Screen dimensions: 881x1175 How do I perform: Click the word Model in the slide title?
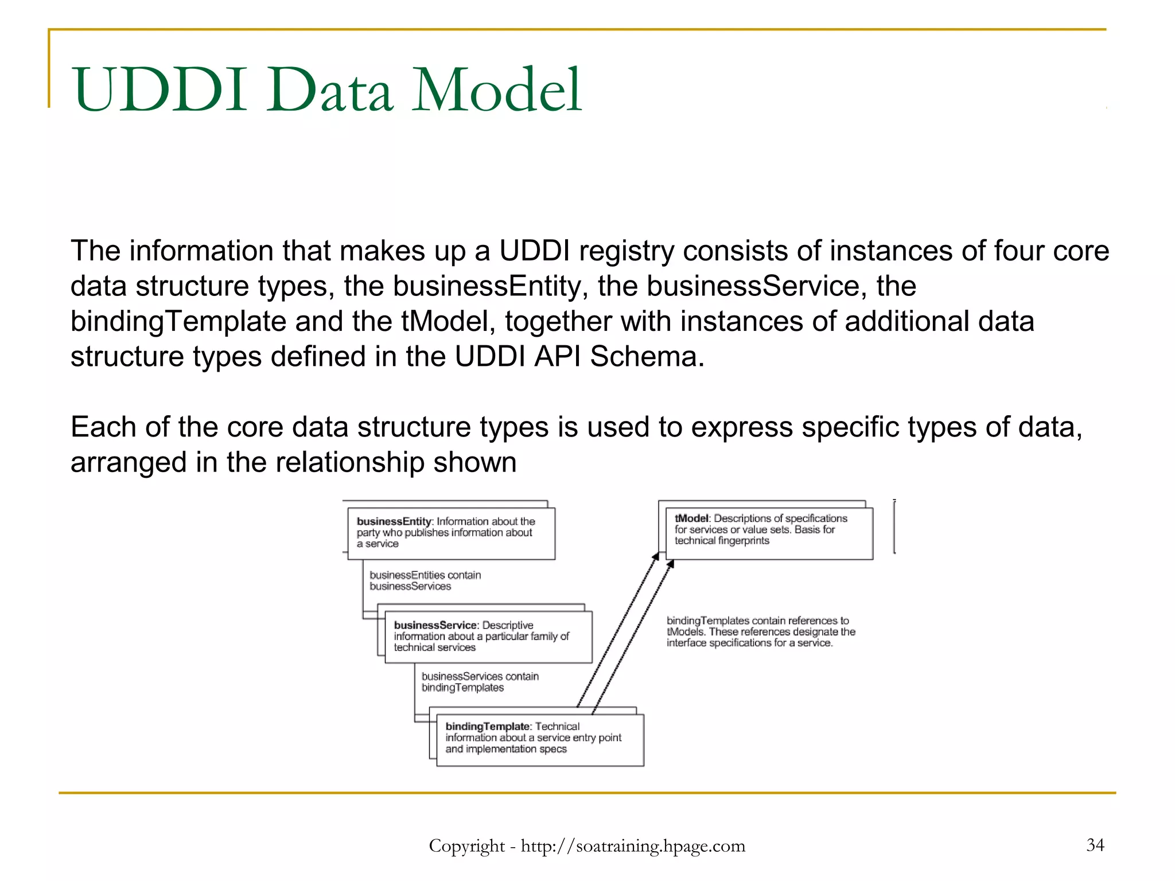click(497, 91)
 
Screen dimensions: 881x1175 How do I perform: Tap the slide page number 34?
click(1095, 844)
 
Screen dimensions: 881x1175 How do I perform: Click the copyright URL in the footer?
click(633, 846)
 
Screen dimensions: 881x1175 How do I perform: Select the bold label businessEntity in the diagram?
click(393, 521)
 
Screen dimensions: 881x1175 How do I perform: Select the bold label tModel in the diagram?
click(692, 519)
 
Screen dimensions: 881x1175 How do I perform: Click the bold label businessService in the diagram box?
click(435, 625)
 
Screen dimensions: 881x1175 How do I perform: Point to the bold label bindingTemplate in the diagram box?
click(487, 727)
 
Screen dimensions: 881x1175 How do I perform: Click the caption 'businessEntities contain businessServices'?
click(425, 580)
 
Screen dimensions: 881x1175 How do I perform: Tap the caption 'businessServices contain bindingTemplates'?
click(480, 682)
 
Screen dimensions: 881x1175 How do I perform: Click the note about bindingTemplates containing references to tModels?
click(760, 631)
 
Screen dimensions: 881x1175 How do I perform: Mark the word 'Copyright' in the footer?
click(466, 846)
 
